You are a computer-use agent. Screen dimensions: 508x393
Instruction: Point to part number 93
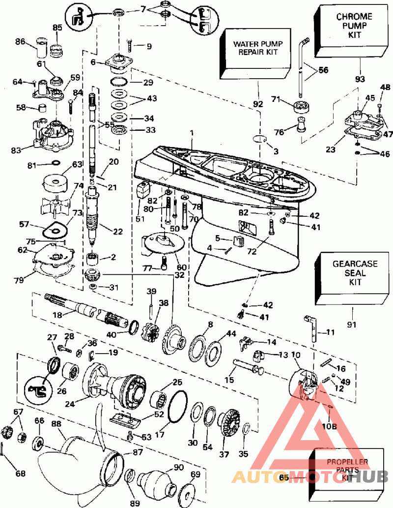tap(361, 79)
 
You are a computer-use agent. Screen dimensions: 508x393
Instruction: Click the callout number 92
tap(258, 104)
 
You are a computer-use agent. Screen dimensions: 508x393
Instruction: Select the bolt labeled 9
tap(130, 46)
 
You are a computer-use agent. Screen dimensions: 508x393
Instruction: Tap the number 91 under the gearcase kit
tap(353, 324)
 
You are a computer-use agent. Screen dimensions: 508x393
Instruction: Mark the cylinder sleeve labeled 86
tap(38, 49)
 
